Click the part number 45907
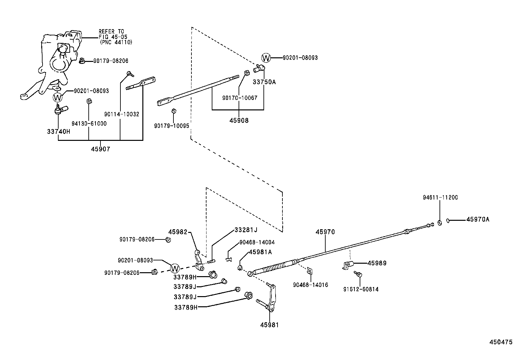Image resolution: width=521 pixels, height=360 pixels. tap(101, 149)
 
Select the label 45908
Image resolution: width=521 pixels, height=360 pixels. tap(239, 121)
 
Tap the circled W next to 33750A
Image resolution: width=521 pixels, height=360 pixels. tap(266, 58)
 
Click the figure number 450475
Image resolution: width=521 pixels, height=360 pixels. tap(501, 342)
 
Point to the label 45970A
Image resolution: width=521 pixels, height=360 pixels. tap(478, 219)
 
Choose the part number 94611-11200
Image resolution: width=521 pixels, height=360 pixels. tap(440, 198)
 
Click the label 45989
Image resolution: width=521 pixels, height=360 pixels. tap(377, 263)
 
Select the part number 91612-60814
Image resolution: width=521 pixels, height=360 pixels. tap(361, 289)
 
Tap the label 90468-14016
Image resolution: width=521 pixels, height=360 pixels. tap(311, 285)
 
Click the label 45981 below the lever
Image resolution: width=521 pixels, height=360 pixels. tap(270, 325)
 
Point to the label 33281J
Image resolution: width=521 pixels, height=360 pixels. tap(246, 230)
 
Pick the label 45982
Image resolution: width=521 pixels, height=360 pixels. tap(178, 232)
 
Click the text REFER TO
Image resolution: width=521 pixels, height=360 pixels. tap(112, 32)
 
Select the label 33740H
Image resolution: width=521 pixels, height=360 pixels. tap(59, 131)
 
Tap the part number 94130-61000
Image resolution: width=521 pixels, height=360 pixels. tap(89, 123)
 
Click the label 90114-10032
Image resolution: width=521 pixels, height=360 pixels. tap(122, 114)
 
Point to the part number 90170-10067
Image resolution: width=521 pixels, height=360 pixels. tap(240, 98)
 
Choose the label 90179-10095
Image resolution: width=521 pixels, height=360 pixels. tap(172, 126)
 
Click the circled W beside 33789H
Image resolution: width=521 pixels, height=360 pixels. tap(175, 268)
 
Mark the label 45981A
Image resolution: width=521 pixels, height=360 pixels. tap(260, 252)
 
